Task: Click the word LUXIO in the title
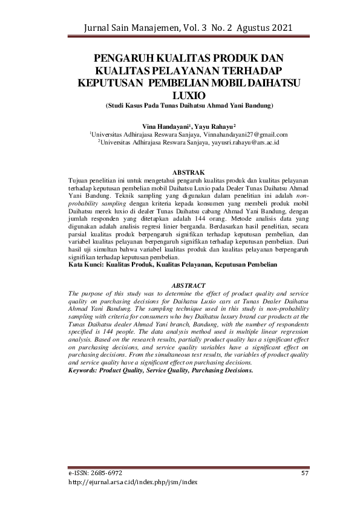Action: pos(189,96)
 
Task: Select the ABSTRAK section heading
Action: pos(189,173)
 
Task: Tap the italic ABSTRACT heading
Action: pos(189,285)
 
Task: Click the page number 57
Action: pos(305,472)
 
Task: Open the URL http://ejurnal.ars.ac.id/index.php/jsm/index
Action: pos(133,482)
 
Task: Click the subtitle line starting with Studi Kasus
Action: pos(189,105)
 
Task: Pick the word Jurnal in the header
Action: pos(101,28)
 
